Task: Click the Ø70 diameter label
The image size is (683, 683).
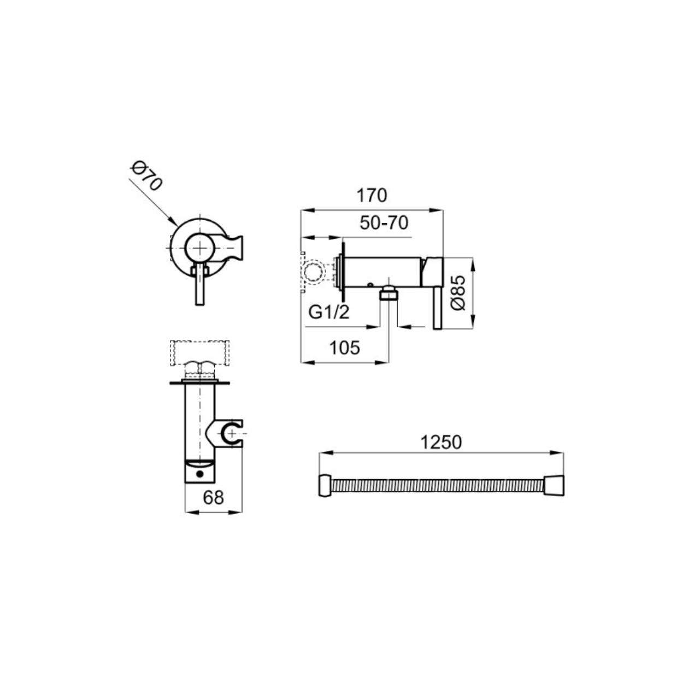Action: (146, 176)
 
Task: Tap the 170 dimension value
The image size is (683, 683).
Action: (372, 195)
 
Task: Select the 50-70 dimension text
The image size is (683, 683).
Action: (384, 223)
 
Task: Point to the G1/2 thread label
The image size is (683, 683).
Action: (329, 312)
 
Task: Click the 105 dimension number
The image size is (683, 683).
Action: (345, 348)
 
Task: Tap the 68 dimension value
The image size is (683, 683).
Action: (214, 497)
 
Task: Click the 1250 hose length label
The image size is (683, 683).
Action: (441, 443)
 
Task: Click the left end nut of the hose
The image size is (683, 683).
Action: (325, 485)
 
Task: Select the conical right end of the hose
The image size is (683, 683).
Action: (554, 485)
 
